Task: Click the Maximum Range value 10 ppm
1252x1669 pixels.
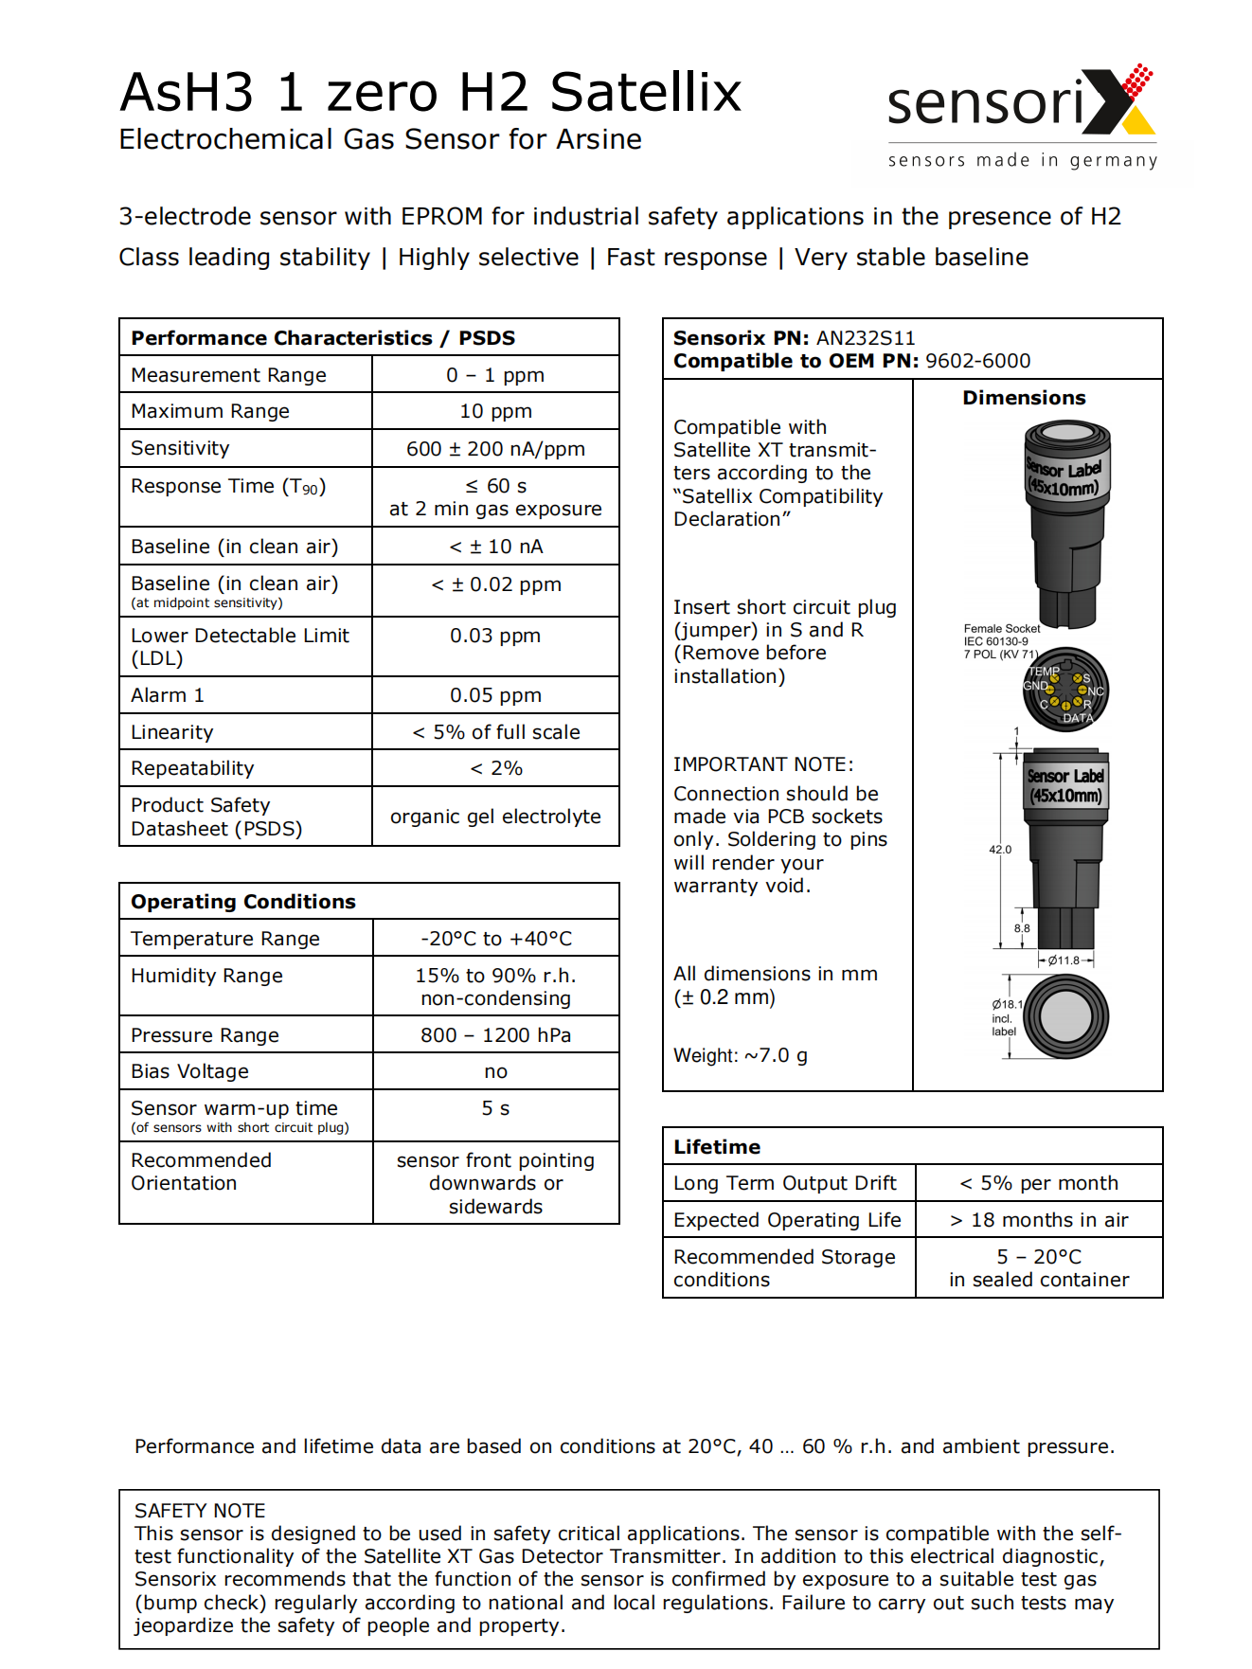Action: (495, 411)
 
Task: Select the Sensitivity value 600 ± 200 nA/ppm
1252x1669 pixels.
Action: (495, 449)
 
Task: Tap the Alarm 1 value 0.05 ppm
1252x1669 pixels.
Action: (495, 695)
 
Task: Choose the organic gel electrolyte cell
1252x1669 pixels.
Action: (495, 817)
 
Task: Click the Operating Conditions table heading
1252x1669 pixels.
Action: (243, 902)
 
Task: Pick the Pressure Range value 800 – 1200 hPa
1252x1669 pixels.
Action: (495, 1035)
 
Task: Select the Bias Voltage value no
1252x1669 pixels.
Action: (495, 1071)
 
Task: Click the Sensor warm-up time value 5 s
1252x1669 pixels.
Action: (495, 1108)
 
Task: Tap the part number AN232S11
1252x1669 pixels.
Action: (866, 338)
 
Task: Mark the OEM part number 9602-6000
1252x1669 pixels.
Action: (977, 361)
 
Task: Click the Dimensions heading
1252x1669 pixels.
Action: (1024, 398)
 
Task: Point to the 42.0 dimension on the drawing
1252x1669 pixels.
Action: (1000, 850)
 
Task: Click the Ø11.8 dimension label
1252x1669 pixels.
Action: (1063, 960)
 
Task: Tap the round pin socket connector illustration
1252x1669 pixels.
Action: (1065, 690)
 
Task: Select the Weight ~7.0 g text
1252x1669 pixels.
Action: (740, 1055)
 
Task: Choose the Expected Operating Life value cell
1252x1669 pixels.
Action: (1039, 1220)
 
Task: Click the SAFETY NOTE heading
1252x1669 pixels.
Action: (200, 1511)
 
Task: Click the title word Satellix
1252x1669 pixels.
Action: (645, 93)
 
